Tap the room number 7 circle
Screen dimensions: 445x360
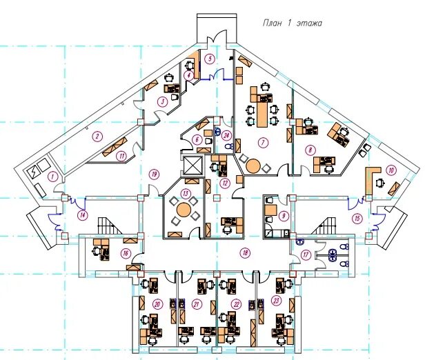(262, 143)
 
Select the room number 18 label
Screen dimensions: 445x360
(245, 253)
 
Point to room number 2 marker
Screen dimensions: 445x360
(98, 136)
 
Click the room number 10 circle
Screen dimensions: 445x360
(391, 170)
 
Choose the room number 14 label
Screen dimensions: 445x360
(82, 215)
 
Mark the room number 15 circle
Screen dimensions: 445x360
(357, 219)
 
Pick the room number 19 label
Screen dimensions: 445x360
(154, 174)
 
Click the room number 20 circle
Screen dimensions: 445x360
(157, 304)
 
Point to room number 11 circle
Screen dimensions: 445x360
(122, 155)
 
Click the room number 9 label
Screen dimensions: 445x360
(283, 215)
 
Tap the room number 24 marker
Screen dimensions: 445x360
(226, 136)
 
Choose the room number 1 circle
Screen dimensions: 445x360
(51, 177)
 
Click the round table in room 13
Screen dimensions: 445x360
(184, 210)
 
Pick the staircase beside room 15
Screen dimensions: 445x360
(325, 226)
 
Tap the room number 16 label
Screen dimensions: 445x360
(126, 254)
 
